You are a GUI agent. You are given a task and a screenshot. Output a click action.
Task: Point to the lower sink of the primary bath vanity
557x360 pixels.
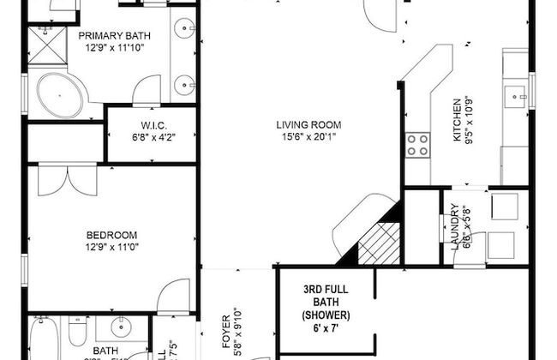(x=185, y=84)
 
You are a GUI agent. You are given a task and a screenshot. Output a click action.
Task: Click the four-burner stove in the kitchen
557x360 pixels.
(x=417, y=145)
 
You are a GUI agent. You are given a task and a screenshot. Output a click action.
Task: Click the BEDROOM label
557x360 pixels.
(x=111, y=234)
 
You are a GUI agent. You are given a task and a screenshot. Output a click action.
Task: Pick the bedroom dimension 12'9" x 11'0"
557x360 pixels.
(x=111, y=247)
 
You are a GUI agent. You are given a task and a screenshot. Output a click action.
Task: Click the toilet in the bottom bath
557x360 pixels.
(x=76, y=331)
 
